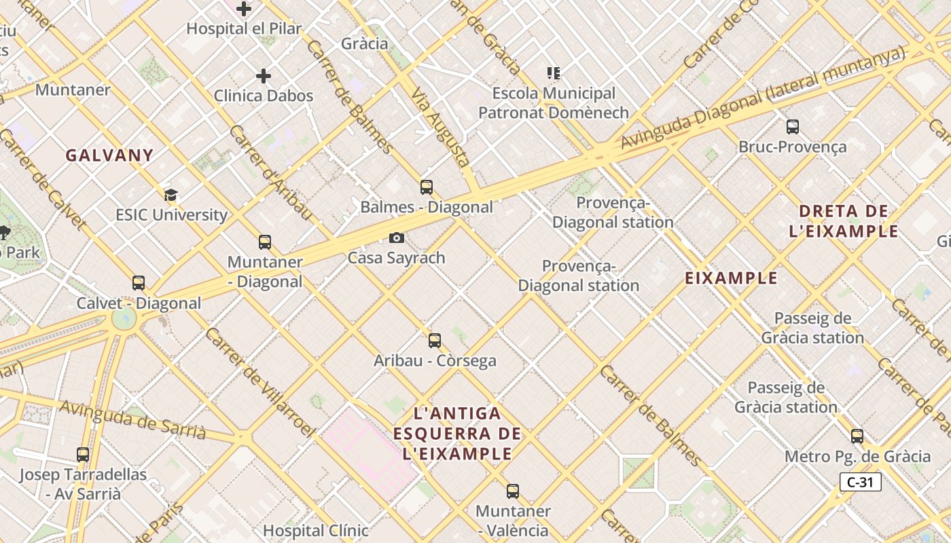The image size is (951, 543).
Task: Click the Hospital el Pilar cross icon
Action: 244,9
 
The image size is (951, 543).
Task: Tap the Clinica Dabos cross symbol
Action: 264,76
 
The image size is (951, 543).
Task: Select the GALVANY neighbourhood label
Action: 109,155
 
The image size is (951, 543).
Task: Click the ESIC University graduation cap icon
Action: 171,195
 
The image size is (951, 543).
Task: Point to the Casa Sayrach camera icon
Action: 397,238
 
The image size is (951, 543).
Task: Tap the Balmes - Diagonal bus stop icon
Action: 427,187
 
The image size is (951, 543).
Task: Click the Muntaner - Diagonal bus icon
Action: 265,242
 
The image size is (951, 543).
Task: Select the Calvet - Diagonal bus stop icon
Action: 139,283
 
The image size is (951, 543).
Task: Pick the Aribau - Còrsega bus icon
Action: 435,341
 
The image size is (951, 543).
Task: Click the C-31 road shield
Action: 861,483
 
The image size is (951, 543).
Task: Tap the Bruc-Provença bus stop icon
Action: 793,127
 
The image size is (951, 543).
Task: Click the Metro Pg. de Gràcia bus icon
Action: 857,436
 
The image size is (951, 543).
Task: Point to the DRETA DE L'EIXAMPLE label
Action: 844,221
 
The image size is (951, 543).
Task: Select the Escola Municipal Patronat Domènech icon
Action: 554,73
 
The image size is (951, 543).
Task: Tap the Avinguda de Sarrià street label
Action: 132,419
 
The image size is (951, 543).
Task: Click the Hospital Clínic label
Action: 316,530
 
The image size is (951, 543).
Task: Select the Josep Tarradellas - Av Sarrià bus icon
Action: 83,455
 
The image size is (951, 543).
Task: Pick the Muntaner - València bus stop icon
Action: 513,491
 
